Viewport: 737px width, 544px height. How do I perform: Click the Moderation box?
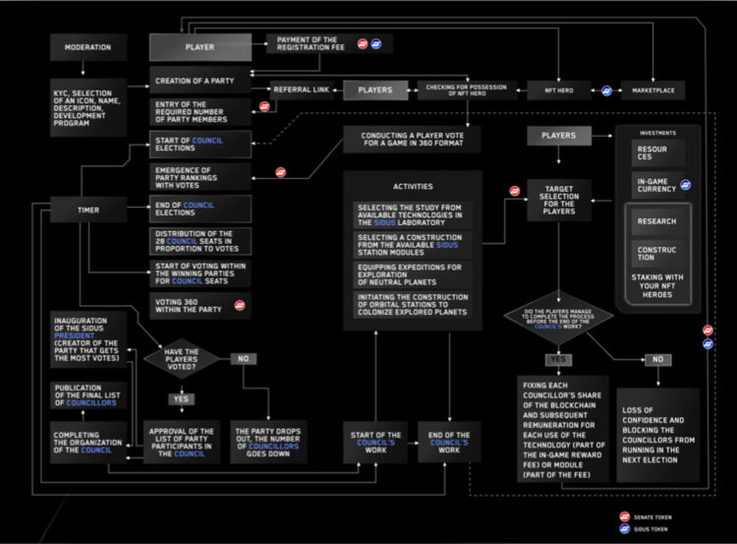click(88, 46)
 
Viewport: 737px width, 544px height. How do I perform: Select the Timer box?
click(88, 210)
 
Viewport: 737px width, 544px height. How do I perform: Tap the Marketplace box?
click(652, 90)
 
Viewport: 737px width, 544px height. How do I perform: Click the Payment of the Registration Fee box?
click(307, 44)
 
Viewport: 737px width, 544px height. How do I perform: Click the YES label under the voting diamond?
click(182, 399)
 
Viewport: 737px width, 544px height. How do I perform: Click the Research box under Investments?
click(656, 221)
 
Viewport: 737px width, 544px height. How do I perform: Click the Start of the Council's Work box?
click(374, 441)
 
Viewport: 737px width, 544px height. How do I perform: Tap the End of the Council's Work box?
click(449, 441)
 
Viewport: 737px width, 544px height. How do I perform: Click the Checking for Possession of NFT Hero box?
click(468, 90)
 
